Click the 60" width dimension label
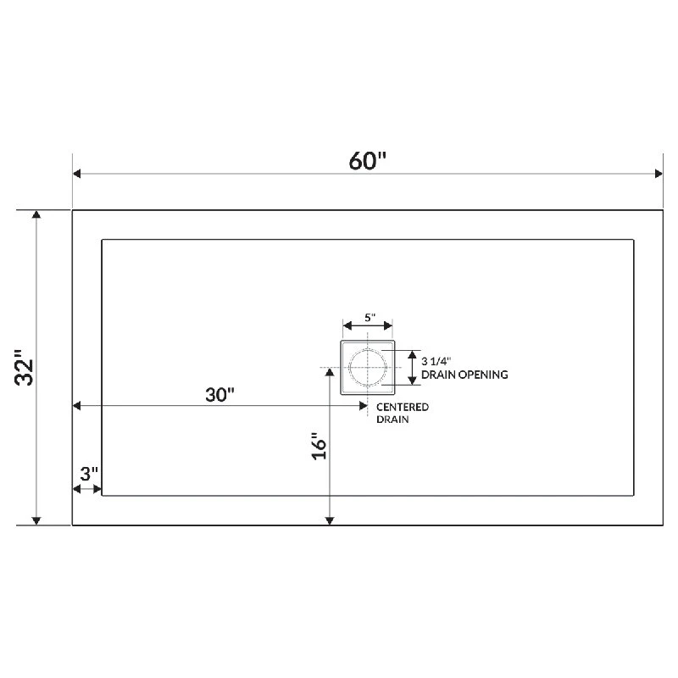368,159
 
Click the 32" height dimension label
27,367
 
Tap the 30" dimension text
219,395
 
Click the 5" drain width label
369,317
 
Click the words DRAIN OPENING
464,374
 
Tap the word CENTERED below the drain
402,407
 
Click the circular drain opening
368,367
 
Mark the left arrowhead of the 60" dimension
77,174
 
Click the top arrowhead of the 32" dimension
36,215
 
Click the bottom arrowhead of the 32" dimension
36,520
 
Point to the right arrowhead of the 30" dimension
363,407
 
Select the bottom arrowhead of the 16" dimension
330,520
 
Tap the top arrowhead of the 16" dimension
330,373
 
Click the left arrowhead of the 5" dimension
346,325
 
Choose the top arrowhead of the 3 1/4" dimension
411,353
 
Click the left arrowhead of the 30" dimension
77,407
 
